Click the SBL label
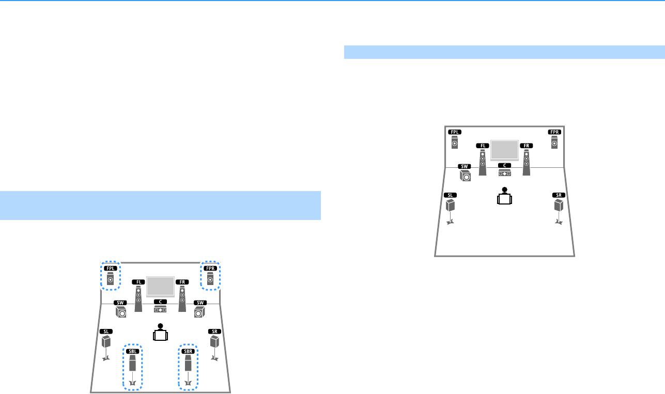tap(133, 352)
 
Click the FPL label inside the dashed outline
tap(110, 269)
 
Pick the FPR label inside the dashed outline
tap(210, 269)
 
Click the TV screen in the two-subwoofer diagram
tap(160, 286)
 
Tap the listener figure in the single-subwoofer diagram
tap(504, 197)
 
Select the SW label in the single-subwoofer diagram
tap(465, 167)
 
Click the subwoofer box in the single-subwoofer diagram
tap(466, 177)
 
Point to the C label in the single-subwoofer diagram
tap(504, 165)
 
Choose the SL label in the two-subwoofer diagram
tap(106, 331)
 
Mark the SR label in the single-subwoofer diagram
tap(558, 195)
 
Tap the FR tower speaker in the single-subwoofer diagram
tap(527, 162)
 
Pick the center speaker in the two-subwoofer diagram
tap(160, 309)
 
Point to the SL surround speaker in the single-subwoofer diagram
tap(451, 206)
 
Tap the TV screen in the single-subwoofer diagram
tap(504, 149)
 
